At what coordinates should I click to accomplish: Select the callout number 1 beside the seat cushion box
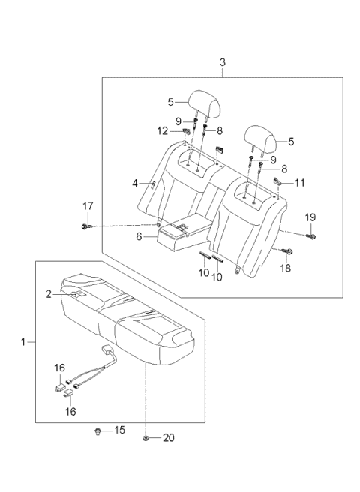[x=24, y=342]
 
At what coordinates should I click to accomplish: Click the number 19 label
[x=311, y=217]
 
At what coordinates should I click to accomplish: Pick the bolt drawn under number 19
[x=311, y=235]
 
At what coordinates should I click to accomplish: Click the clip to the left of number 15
[x=99, y=431]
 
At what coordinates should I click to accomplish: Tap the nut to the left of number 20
[x=145, y=438]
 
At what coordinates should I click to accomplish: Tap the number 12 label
[x=163, y=131]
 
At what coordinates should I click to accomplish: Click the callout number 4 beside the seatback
[x=136, y=183]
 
